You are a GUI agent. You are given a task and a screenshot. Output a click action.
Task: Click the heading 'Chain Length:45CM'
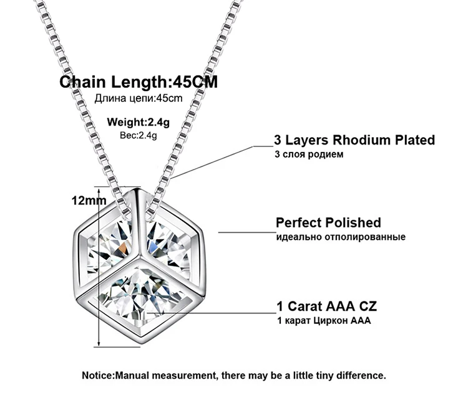139,82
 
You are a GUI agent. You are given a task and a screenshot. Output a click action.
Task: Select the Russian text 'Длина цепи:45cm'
138,98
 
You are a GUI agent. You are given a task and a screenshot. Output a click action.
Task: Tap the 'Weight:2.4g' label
138,122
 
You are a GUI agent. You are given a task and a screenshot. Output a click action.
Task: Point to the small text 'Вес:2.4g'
138,135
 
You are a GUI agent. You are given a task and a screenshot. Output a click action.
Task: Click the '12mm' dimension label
89,201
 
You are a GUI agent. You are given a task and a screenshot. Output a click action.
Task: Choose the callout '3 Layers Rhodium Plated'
354,140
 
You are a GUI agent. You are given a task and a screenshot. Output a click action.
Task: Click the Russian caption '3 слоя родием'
309,155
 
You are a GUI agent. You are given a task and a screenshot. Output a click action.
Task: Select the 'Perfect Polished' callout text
328,222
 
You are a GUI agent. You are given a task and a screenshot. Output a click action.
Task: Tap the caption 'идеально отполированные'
341,237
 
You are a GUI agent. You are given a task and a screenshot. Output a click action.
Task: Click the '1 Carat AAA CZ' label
326,306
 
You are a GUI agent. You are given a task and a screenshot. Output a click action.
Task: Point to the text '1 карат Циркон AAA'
324,320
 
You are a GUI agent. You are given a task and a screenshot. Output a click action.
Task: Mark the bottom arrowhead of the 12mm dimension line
99,345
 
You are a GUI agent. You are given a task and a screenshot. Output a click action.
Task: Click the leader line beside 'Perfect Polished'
247,232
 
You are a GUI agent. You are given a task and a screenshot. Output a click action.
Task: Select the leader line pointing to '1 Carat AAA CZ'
212,313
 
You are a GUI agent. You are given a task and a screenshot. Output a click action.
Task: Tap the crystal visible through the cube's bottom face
139,295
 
